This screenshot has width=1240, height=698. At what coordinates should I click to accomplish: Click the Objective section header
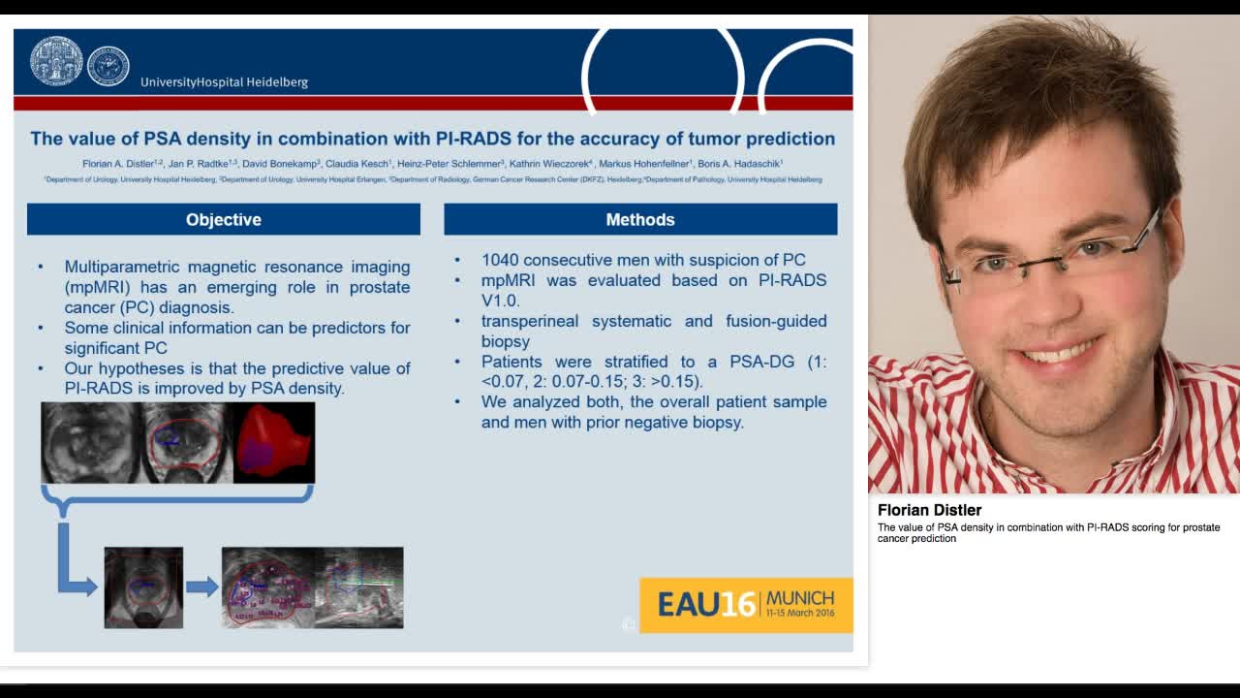coord(224,220)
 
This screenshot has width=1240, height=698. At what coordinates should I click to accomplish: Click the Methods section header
coord(640,220)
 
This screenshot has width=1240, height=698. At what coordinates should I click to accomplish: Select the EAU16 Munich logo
coord(746,605)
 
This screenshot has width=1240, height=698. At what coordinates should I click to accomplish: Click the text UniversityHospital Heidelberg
coord(224,82)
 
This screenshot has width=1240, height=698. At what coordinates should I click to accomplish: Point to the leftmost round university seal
coord(56,61)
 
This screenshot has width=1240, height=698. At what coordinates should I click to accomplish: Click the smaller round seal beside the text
coord(108,66)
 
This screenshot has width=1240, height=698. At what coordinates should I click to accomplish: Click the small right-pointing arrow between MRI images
coord(201,587)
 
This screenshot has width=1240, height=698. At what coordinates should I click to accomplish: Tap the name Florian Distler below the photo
coord(929,510)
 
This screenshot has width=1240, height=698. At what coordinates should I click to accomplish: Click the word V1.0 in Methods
coord(500,301)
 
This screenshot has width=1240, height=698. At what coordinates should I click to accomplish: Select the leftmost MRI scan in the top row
coord(88,443)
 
